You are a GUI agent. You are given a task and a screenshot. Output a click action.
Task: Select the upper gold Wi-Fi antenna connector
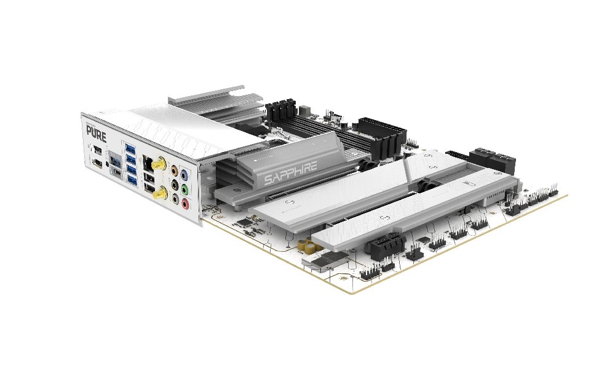(x=159, y=165)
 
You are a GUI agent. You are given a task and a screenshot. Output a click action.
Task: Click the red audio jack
(x=186, y=202)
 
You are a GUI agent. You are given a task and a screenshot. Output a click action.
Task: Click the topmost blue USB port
(x=130, y=149)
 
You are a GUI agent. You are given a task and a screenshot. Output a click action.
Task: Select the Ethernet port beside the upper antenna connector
(x=148, y=163)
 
